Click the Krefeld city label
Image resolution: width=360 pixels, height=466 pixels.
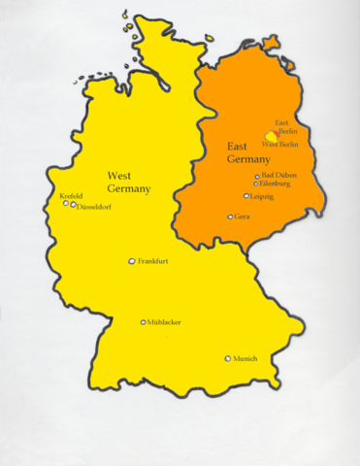71,195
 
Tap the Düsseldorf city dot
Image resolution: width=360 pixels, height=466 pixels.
74,205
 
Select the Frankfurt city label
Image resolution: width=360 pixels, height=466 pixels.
153,262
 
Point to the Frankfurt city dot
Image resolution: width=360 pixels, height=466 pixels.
132,261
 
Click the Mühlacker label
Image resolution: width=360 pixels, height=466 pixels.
164,322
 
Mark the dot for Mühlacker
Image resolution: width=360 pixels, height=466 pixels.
144,321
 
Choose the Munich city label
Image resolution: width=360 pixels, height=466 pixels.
245,359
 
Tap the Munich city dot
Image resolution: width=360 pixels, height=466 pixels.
228,358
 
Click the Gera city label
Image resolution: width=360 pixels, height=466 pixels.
242,216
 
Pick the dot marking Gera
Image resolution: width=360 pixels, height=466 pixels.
230,216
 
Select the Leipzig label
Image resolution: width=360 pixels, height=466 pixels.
261,196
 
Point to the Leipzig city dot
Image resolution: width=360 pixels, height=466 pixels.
246,196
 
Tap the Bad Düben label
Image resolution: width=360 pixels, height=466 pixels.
279,175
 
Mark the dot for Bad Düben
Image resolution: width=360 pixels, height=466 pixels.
257,177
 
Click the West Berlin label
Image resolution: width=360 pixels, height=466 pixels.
279,145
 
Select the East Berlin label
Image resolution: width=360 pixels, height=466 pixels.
285,127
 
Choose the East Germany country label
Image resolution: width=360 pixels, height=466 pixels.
248,152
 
